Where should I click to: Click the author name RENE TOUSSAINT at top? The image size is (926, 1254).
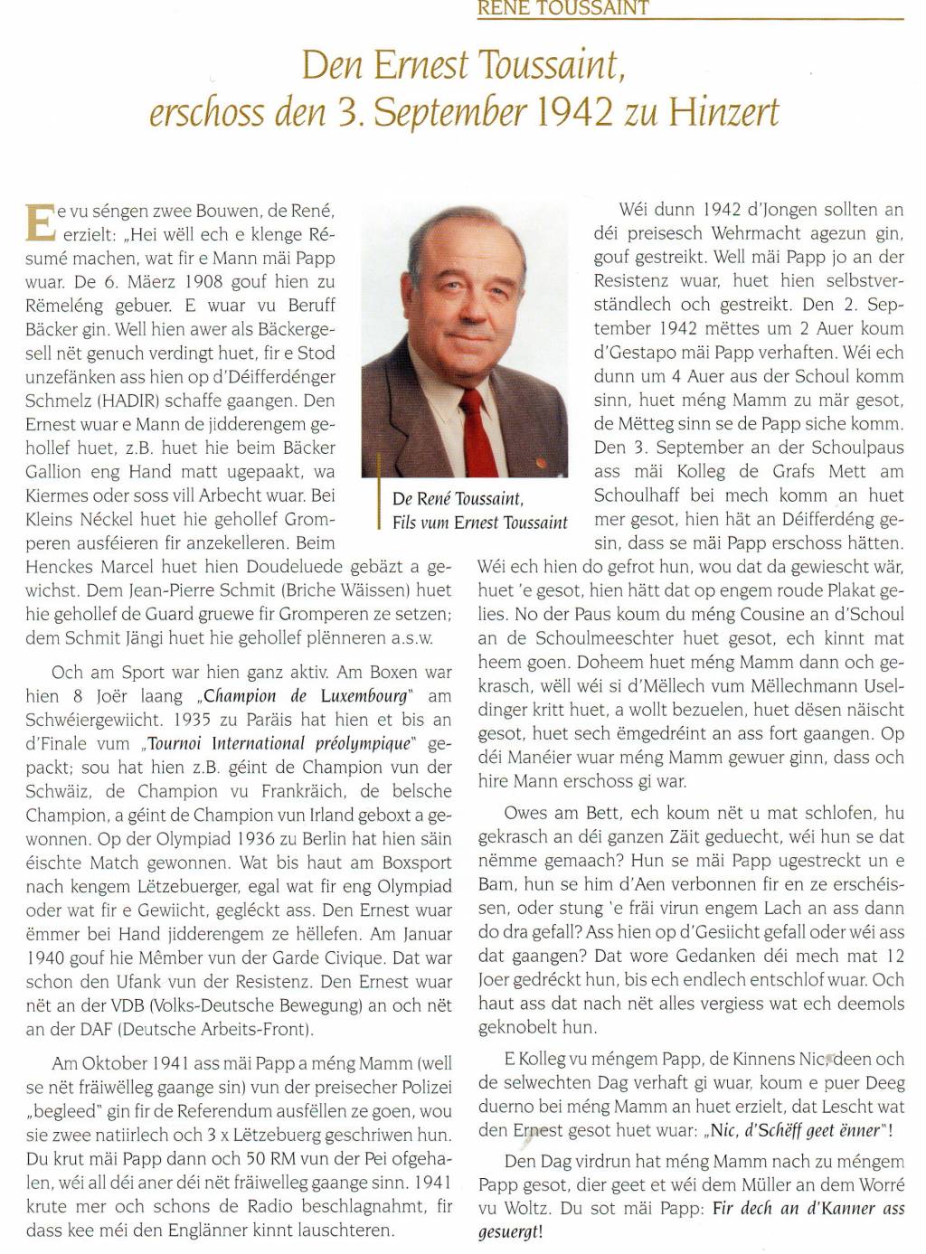coord(562,8)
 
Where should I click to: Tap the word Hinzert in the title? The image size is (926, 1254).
coord(723,113)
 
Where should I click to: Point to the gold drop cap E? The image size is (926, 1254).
coord(38,222)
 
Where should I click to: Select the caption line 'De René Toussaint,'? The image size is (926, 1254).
coord(458,499)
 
